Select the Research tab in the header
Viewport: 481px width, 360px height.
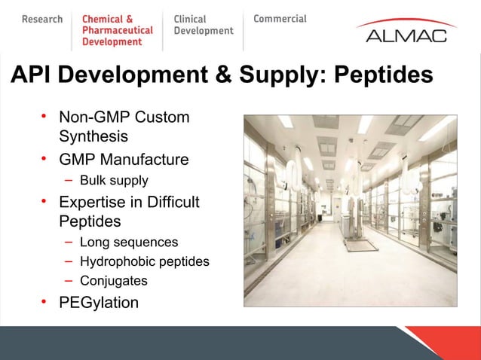point(42,19)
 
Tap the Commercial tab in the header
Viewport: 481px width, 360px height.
point(280,19)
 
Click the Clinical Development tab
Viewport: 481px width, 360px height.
point(204,25)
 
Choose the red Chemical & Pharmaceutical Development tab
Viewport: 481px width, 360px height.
point(117,30)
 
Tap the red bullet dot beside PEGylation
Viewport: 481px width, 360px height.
point(44,301)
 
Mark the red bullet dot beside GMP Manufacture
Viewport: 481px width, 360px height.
point(44,158)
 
